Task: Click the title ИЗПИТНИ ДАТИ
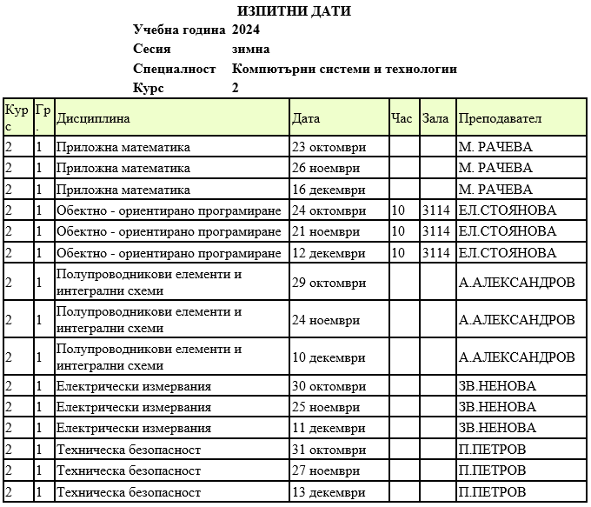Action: [x=294, y=11]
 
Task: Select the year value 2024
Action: [x=247, y=30]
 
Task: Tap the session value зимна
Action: [x=251, y=50]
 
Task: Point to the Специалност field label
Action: [x=174, y=69]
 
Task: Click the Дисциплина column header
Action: [x=93, y=118]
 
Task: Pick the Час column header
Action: [x=402, y=118]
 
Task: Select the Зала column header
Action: [x=435, y=118]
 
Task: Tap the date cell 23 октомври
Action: [x=329, y=147]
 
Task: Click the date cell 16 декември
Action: [x=329, y=189]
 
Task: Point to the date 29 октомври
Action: [x=329, y=283]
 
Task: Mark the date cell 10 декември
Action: [x=329, y=357]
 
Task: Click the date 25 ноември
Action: [x=326, y=407]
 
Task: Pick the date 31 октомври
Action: [x=329, y=450]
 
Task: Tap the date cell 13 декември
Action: [x=329, y=492]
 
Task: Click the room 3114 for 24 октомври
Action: [x=435, y=210]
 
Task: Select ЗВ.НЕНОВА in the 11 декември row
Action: [x=497, y=428]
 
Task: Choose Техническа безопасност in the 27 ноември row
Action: [x=129, y=470]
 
